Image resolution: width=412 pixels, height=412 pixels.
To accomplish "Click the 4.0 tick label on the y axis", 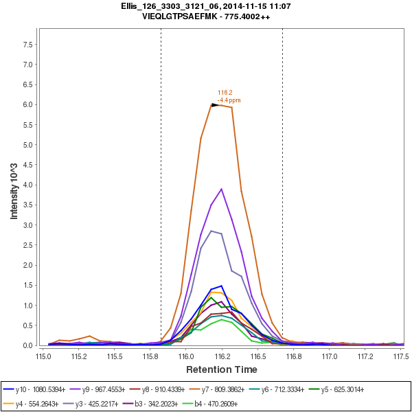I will click(x=28, y=185).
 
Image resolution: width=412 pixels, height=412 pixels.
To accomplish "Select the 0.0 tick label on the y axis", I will click(x=28, y=346).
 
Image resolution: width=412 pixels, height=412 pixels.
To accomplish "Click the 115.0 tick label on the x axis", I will click(x=43, y=356).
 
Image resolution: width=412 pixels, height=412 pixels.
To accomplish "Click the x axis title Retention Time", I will click(x=222, y=369).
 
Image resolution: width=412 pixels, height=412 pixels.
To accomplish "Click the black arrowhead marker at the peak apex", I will click(x=215, y=105).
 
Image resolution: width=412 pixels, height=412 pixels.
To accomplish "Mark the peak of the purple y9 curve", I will click(x=221, y=189).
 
